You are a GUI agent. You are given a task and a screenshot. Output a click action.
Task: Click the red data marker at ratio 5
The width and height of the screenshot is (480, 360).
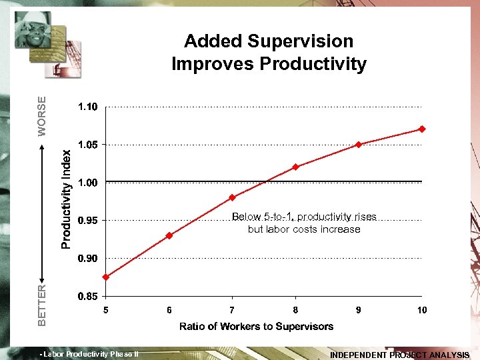point(106,277)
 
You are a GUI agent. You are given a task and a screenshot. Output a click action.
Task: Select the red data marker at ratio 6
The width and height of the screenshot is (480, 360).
point(169,235)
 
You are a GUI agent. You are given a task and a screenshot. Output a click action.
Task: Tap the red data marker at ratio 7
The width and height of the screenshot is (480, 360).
point(232,197)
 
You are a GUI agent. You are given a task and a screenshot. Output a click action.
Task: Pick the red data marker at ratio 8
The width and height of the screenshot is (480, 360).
point(295,167)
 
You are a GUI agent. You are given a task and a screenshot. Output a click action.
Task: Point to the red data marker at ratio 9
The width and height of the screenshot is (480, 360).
point(359,145)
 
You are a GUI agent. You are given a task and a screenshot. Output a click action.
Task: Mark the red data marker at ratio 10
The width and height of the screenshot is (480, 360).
point(422,129)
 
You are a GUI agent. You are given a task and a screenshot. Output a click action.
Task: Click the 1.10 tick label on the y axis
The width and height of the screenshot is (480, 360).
point(88,107)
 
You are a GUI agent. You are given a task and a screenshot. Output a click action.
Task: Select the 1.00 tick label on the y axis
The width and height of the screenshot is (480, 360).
point(88,183)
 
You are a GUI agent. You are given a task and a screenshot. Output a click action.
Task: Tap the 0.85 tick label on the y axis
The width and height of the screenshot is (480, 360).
point(88,296)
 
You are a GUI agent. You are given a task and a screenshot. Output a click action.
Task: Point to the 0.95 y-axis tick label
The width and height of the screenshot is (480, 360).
point(88,220)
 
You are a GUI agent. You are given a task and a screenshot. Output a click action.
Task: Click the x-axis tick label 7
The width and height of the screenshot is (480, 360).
point(232,310)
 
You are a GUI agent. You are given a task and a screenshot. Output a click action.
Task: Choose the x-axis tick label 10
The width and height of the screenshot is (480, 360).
point(422,310)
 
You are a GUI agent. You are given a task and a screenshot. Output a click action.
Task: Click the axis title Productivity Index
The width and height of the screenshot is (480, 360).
point(67,199)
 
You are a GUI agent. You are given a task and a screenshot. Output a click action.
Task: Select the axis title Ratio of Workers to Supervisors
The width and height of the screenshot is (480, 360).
point(257,326)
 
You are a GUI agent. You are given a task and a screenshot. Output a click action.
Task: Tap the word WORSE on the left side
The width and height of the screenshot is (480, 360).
point(42,117)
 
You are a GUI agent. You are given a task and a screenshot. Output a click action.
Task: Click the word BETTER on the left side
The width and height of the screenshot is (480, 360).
point(42,305)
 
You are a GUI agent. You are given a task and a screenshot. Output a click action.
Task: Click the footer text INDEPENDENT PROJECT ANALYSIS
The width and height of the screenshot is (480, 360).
point(400,355)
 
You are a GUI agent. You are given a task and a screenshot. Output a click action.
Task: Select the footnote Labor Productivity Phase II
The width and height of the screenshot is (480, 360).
point(89,354)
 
